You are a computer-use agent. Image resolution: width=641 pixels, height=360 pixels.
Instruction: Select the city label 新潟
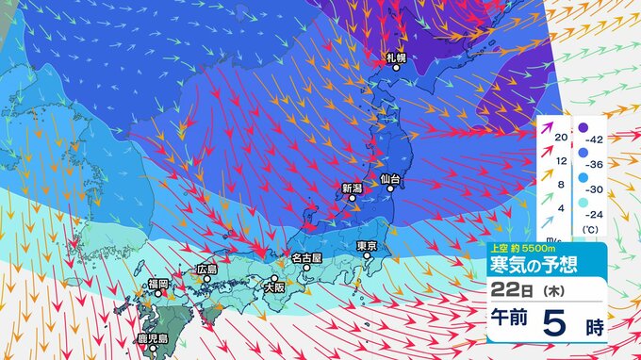click(x=352, y=188)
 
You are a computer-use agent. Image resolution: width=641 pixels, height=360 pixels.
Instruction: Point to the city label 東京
click(x=368, y=246)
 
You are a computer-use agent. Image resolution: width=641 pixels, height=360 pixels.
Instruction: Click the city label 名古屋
click(x=306, y=256)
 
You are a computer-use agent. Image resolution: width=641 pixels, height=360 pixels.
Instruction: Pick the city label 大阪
click(x=274, y=287)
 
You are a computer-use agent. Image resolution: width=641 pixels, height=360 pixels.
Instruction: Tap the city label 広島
click(x=206, y=269)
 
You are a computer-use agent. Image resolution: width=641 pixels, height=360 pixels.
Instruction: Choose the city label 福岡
click(x=157, y=284)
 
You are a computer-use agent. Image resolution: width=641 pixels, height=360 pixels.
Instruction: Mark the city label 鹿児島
click(x=152, y=338)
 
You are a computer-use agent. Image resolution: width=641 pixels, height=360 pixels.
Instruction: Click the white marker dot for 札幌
click(x=396, y=68)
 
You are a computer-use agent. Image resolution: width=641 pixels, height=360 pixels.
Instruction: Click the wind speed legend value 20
click(x=561, y=139)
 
